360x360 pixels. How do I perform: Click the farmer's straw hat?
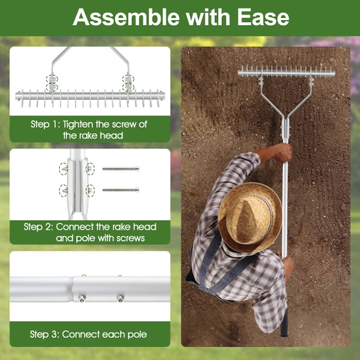(249, 216)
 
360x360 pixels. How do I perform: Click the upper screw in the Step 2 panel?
(120, 169)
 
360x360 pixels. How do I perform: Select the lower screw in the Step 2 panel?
(120, 190)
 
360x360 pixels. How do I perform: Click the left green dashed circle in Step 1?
(52, 81)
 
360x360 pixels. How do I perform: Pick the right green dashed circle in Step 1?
(128, 81)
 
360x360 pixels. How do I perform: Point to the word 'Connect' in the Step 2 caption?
(78, 226)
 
